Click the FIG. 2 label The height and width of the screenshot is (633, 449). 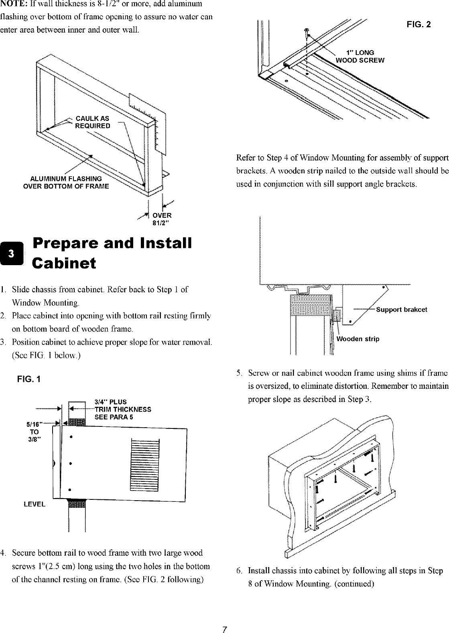419,24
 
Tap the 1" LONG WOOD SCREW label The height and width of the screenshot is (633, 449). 360,57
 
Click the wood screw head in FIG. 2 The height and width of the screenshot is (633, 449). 307,30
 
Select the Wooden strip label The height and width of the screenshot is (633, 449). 358,339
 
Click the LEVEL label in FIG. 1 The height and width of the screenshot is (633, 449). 35,504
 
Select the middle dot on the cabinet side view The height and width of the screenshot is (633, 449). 71,464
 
